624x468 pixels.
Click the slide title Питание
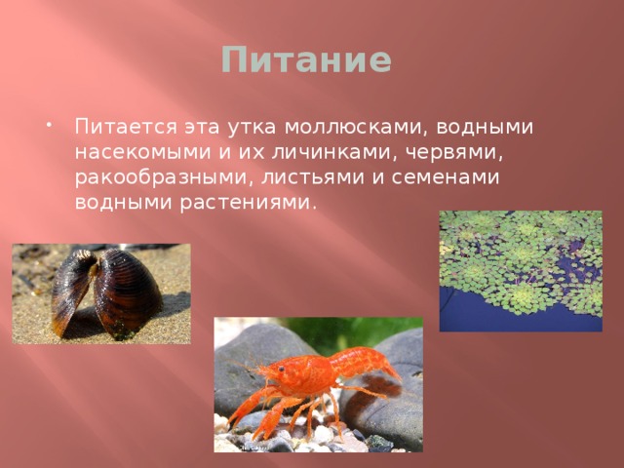[305, 60]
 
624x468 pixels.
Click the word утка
[251, 129]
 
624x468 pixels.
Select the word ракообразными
[159, 179]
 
